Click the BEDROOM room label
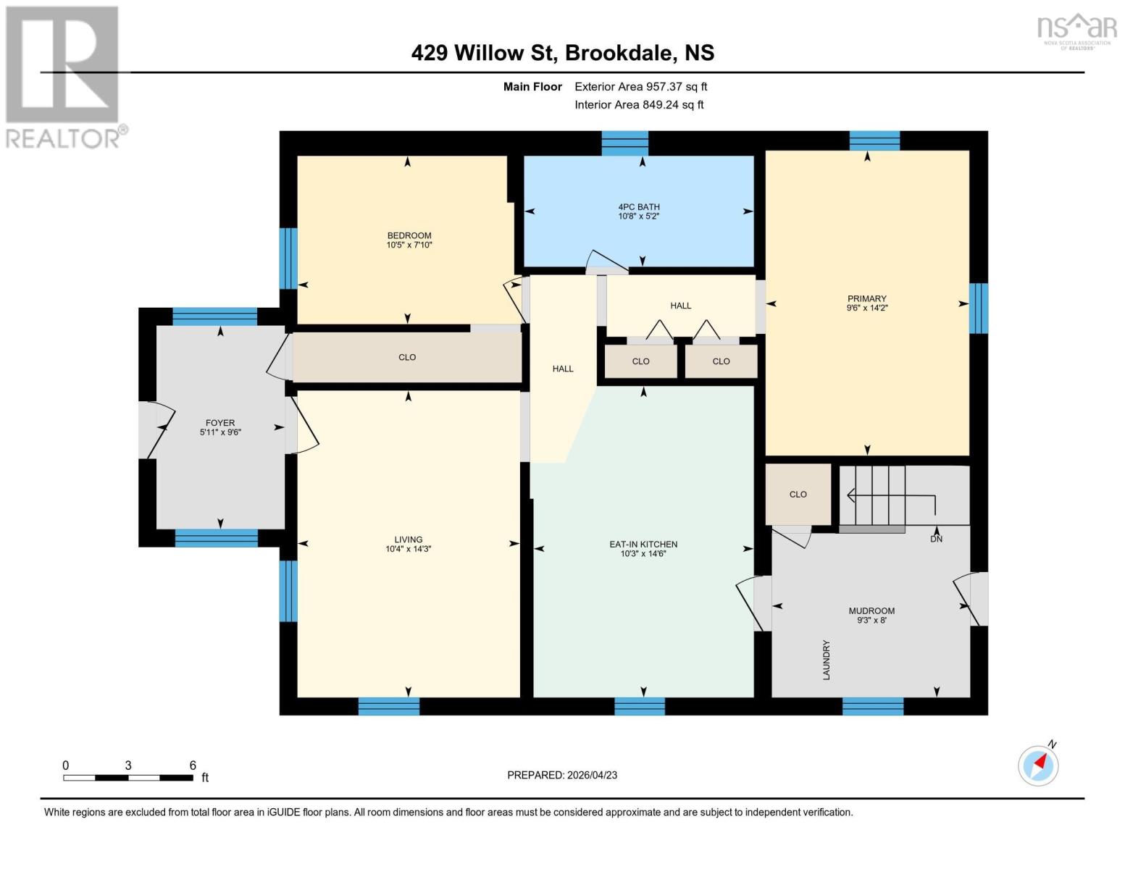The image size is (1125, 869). point(409,235)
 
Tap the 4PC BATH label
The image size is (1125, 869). point(638,207)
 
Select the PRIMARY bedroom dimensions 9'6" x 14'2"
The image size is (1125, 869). point(866,308)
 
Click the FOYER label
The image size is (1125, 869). point(220,423)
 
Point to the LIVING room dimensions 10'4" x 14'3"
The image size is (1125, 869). point(408,549)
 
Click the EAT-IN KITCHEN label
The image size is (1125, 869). point(643,545)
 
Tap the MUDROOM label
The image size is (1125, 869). point(871,610)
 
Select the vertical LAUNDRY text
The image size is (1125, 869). point(826,660)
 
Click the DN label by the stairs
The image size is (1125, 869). point(936,539)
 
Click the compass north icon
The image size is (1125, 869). point(1038,765)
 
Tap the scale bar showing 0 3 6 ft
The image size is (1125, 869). point(128,777)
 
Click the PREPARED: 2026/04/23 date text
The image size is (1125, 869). point(562,775)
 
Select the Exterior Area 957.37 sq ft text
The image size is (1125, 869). point(640,87)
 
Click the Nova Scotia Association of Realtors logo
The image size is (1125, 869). point(1076,30)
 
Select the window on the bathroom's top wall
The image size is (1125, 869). point(624,143)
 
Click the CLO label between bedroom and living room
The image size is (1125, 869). point(407,357)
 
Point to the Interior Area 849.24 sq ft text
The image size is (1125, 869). point(639,105)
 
